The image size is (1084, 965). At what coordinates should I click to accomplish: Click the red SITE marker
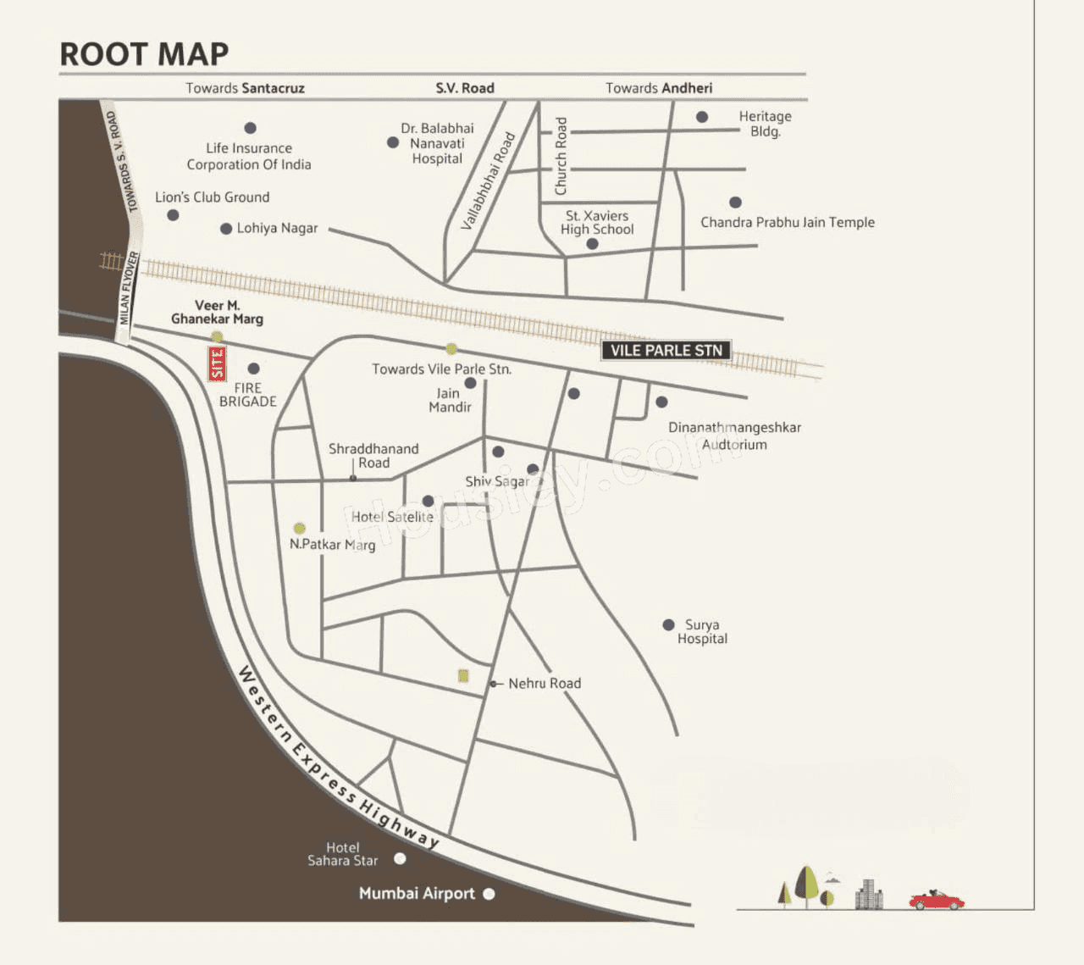[x=218, y=363]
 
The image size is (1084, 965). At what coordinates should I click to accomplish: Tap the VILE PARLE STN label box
[x=666, y=351]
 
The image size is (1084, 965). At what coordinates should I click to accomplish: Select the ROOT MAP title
[x=144, y=54]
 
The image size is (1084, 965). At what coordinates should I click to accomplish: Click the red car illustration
[x=936, y=900]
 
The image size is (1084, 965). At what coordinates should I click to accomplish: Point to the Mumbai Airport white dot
[x=489, y=894]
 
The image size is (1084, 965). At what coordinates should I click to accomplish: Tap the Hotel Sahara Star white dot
[x=400, y=858]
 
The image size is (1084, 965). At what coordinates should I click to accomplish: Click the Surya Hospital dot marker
[x=668, y=624]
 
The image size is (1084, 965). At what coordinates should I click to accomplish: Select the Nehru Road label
[x=545, y=683]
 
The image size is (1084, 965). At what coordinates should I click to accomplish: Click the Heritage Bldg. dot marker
[x=702, y=117]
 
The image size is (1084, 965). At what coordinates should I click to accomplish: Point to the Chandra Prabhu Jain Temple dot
[x=735, y=202]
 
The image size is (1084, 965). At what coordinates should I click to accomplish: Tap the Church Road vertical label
[x=561, y=157]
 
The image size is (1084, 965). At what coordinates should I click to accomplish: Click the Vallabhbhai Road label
[x=488, y=181]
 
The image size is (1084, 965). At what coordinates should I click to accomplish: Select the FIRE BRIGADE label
[x=247, y=395]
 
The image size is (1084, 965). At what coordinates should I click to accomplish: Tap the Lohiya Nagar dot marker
[x=226, y=229]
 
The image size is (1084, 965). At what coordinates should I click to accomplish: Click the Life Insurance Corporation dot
[x=250, y=128]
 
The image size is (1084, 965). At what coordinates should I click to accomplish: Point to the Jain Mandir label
[x=449, y=400]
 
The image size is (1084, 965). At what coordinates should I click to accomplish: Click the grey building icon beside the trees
[x=868, y=895]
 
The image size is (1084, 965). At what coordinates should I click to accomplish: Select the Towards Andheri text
[x=659, y=88]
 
